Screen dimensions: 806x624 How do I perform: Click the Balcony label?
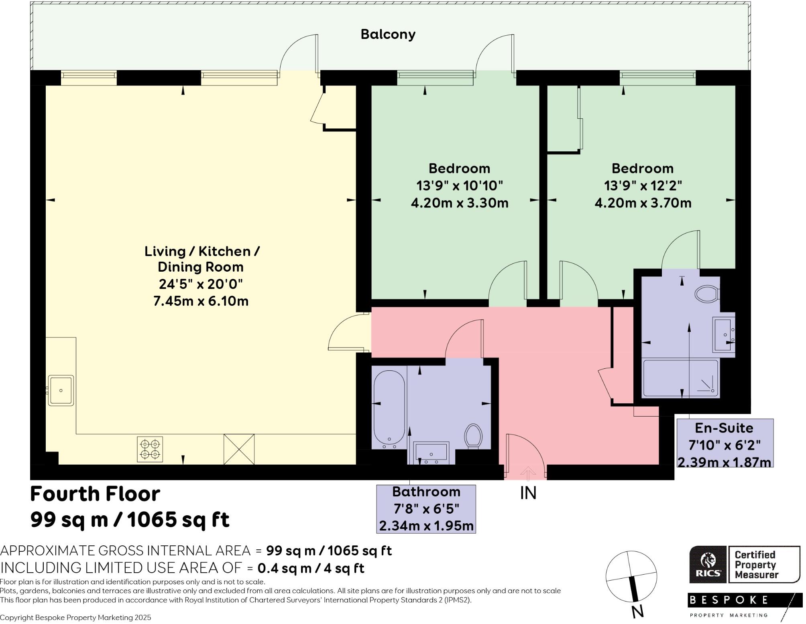pyautogui.click(x=388, y=35)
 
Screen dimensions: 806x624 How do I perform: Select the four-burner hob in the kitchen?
pyautogui.click(x=150, y=449)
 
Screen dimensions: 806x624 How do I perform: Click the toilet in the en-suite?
pyautogui.click(x=706, y=294)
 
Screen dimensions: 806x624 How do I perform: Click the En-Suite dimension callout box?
pyautogui.click(x=725, y=443)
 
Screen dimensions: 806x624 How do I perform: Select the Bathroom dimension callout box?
pyautogui.click(x=426, y=509)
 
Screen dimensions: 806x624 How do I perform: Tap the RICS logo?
pyautogui.click(x=708, y=565)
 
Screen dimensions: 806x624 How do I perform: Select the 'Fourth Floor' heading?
pyautogui.click(x=95, y=494)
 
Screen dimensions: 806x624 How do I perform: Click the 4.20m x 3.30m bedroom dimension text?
pyautogui.click(x=460, y=203)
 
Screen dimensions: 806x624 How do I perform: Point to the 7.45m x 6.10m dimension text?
pyautogui.click(x=201, y=301)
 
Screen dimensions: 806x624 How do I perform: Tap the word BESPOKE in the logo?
pyautogui.click(x=729, y=600)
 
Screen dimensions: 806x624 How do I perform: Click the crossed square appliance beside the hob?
pyautogui.click(x=239, y=449)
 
